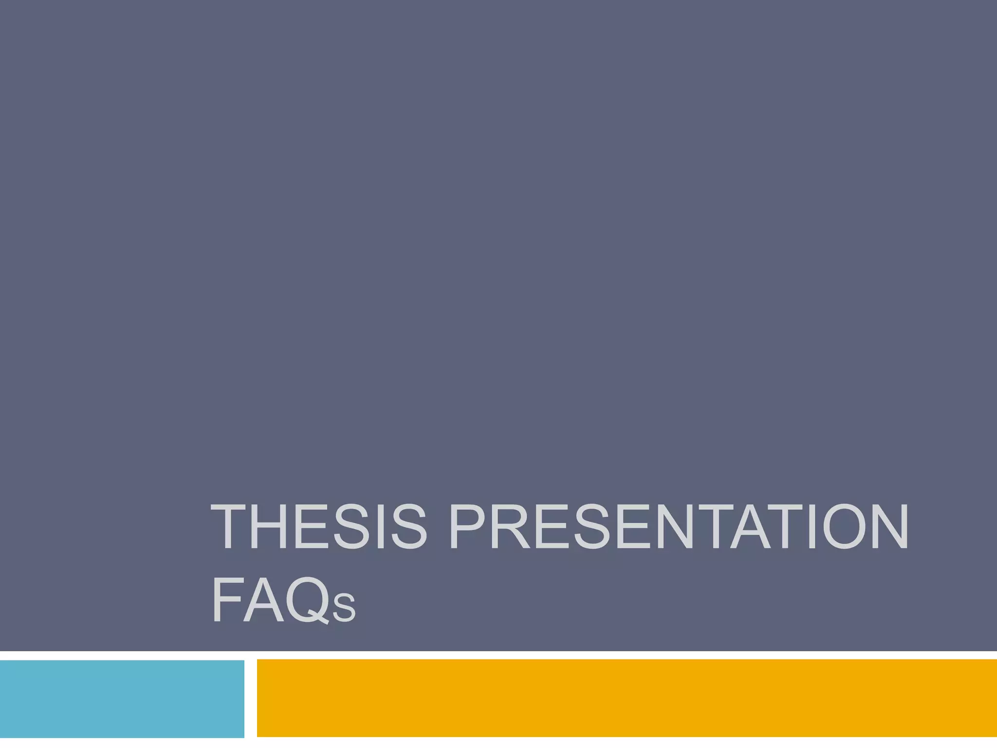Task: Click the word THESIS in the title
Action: pos(319,527)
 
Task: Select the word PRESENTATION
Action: pos(678,527)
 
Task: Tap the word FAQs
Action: pos(284,599)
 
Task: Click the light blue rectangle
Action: pos(122,698)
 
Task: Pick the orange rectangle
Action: pos(627,698)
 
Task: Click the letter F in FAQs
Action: pos(226,599)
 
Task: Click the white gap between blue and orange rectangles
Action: pos(250,698)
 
